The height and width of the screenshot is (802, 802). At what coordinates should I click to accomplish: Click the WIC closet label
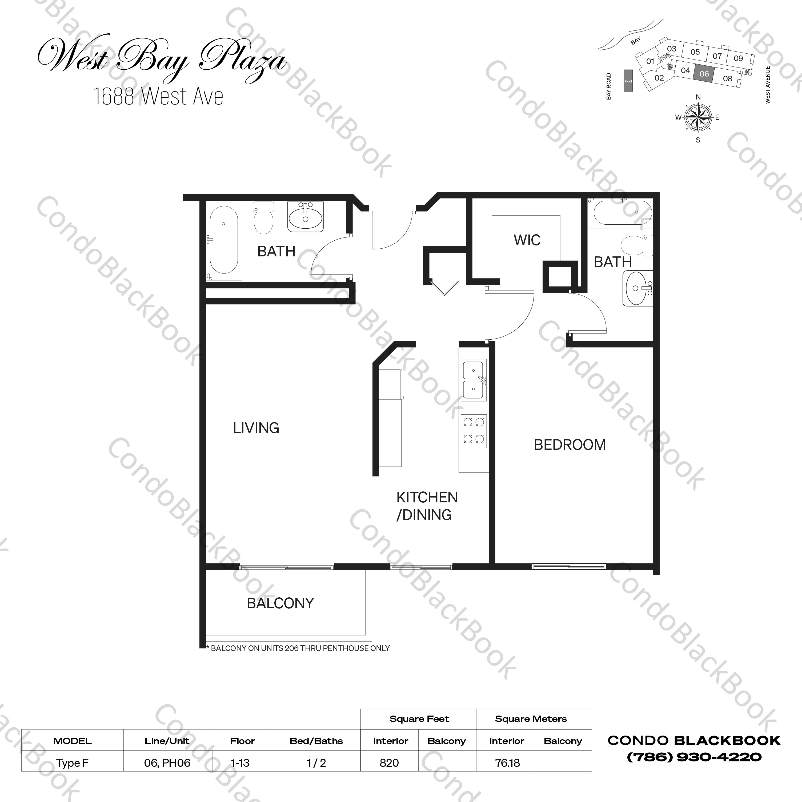point(527,240)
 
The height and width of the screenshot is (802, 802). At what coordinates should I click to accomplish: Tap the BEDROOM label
point(570,445)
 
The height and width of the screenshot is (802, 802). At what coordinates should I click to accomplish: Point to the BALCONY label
point(280,603)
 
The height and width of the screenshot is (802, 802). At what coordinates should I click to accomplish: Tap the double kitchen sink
point(474,380)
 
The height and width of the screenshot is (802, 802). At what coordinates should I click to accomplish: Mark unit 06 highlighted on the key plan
point(704,74)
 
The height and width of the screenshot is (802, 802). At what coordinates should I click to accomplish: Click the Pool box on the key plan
point(628,81)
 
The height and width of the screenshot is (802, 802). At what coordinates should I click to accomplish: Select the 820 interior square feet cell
point(389,763)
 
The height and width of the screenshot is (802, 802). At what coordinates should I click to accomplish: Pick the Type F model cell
point(72,763)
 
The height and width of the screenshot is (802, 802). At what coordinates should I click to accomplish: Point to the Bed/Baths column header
point(316,741)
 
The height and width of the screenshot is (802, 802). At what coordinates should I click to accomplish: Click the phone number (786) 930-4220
point(694,757)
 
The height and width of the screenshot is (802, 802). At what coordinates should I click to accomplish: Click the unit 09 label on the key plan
point(738,58)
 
